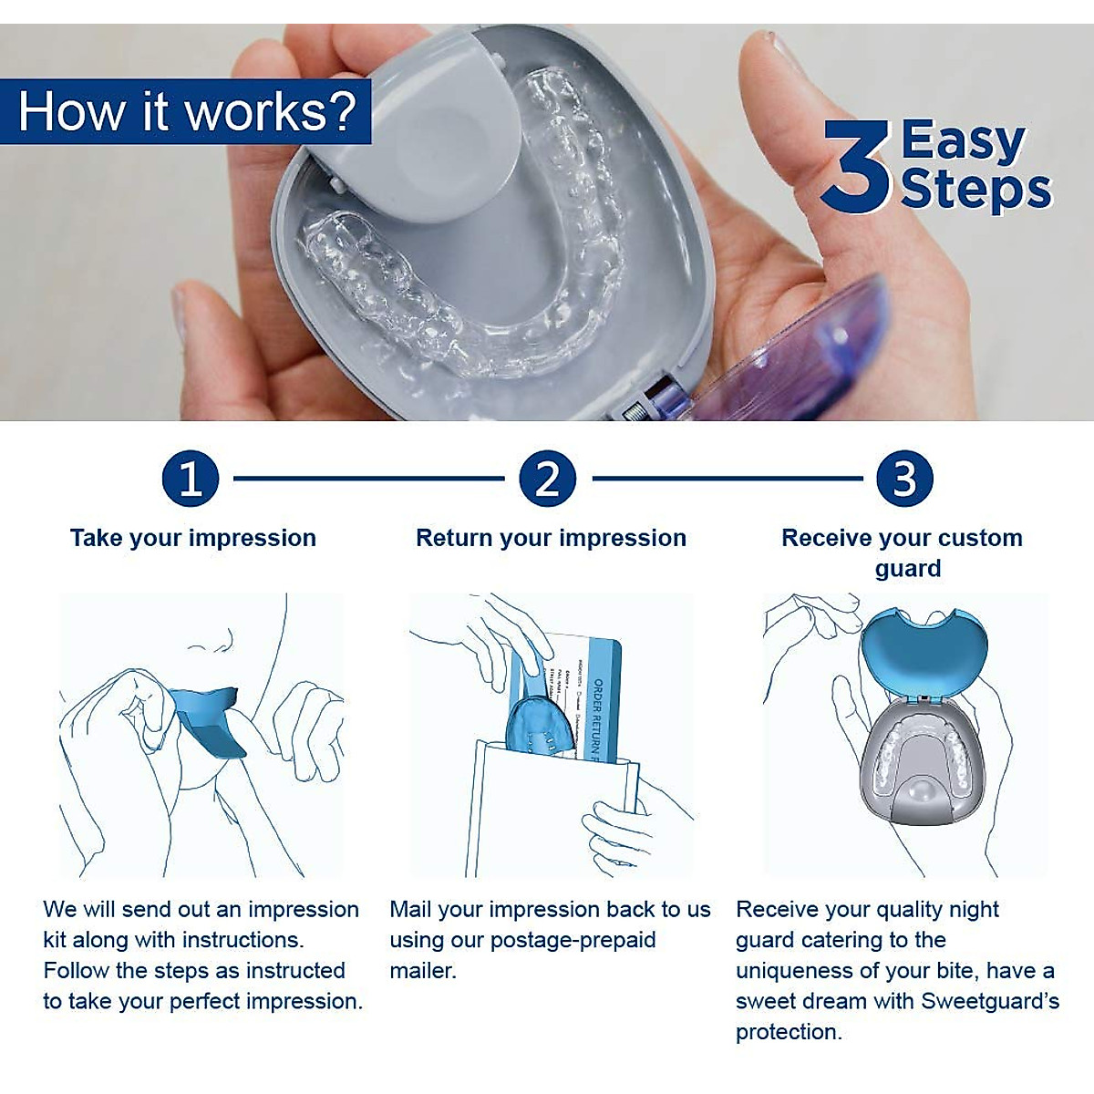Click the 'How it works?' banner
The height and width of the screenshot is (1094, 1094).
coord(186,111)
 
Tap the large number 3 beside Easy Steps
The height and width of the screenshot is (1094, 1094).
coord(854,167)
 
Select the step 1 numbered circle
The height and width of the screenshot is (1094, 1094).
coord(191,479)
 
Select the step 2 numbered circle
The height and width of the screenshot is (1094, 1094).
coord(548,479)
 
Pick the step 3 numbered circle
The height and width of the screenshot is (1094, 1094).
coord(904,479)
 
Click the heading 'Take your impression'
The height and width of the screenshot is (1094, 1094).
coord(193,538)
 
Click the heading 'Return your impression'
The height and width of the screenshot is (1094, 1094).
coord(551,538)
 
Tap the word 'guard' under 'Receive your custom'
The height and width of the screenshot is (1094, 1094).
coord(907,569)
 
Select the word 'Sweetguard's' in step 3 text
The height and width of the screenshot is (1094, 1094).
coord(990,1001)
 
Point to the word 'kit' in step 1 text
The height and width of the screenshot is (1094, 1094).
coord(55,940)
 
